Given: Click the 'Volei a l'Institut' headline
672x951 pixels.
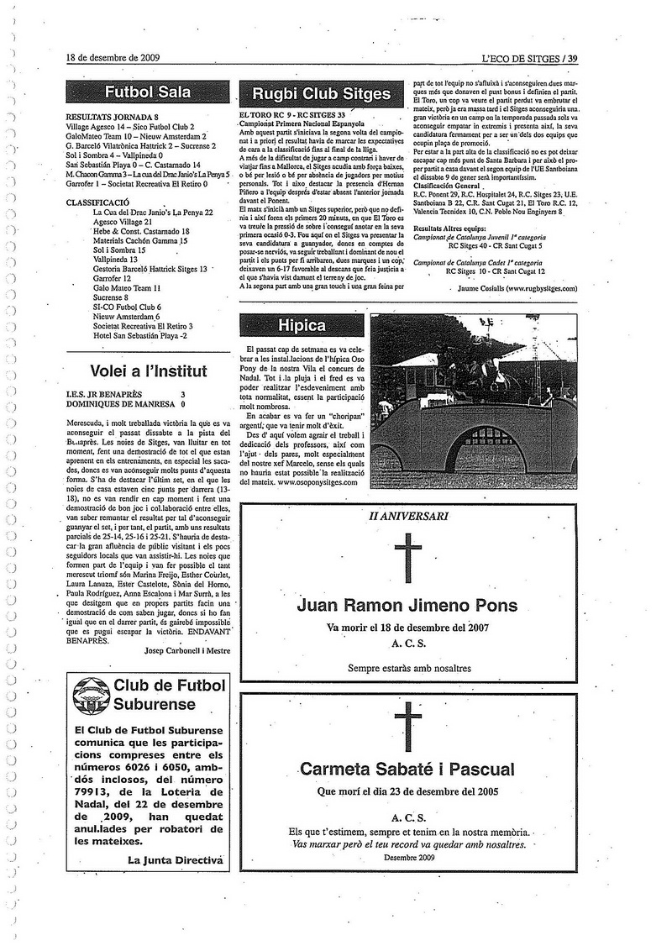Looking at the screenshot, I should [148, 370].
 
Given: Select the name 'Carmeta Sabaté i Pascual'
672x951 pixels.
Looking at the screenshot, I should [407, 769].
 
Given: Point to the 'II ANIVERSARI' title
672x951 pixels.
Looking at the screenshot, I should [408, 514].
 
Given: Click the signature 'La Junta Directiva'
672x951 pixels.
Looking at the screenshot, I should [176, 859].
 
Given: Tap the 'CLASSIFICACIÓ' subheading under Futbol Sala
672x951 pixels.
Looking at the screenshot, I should [97, 202].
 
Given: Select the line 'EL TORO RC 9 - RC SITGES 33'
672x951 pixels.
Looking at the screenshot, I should [292, 114].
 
